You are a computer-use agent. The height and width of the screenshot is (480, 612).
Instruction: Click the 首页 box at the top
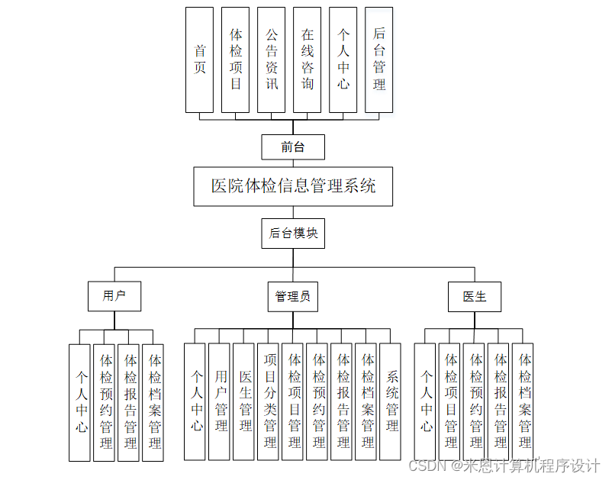pos(200,60)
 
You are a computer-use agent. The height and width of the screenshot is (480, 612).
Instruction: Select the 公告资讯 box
pos(272,60)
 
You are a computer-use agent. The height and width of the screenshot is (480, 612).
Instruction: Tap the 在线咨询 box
pos(308,60)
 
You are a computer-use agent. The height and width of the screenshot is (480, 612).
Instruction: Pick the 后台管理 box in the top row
pos(379,60)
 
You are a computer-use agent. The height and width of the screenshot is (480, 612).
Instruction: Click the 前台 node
pos(293,147)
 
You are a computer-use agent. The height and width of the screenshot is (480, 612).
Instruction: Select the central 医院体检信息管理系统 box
pos(293,186)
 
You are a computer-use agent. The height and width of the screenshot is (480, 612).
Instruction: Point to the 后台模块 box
pos(293,234)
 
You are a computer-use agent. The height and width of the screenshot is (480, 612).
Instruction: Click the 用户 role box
pos(114,296)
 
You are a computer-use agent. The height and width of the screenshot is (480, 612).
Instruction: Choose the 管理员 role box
pos(292,296)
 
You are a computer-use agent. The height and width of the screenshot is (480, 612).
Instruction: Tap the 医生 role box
pos(474,296)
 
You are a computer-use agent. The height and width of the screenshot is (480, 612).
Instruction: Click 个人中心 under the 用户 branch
pos(80,401)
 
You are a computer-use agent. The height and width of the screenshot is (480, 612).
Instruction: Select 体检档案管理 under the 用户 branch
pos(154,401)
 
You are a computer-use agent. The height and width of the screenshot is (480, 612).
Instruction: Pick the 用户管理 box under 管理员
pos(221,401)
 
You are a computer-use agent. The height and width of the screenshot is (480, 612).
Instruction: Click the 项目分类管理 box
pos(269,401)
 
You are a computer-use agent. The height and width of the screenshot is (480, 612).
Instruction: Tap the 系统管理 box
pos(391,401)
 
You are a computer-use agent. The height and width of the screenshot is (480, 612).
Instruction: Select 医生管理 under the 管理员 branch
pos(245,401)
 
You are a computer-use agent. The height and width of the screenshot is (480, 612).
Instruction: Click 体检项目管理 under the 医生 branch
pos(450,401)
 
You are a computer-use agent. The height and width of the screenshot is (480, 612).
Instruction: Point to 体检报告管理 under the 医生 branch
pos(500,401)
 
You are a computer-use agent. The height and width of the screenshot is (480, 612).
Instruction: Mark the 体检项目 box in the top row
pos(236,60)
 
